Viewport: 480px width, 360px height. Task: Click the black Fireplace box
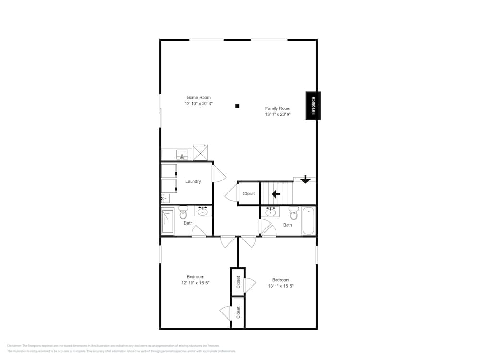[313, 106]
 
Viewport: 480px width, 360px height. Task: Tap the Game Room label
[198, 97]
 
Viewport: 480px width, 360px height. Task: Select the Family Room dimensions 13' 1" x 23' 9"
[278, 115]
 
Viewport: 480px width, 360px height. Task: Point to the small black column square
[237, 106]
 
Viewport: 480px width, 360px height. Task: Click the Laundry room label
[193, 181]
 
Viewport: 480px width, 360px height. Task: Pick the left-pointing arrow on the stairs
[276, 194]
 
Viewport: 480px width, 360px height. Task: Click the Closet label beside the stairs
[249, 194]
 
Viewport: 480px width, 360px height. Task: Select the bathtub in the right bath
[308, 221]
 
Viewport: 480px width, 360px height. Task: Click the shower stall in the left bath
[168, 221]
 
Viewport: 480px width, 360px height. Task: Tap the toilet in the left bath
[183, 213]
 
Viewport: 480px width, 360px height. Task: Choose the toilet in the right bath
[293, 213]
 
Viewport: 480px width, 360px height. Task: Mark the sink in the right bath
[271, 212]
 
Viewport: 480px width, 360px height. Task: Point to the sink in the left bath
[203, 211]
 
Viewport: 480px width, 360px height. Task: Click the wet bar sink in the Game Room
[182, 155]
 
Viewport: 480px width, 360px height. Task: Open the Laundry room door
[218, 173]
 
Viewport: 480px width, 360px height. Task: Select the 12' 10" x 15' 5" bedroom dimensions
[195, 283]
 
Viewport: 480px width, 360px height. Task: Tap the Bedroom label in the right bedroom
[281, 280]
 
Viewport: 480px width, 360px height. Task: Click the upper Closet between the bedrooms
[238, 282]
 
